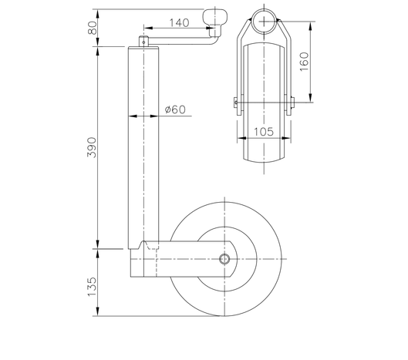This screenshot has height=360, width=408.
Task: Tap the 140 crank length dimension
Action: tap(177, 23)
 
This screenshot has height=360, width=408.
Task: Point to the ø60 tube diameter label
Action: tap(176, 110)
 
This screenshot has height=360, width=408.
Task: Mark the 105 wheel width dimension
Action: tap(264, 132)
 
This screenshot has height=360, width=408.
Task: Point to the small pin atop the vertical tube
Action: tap(143, 39)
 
